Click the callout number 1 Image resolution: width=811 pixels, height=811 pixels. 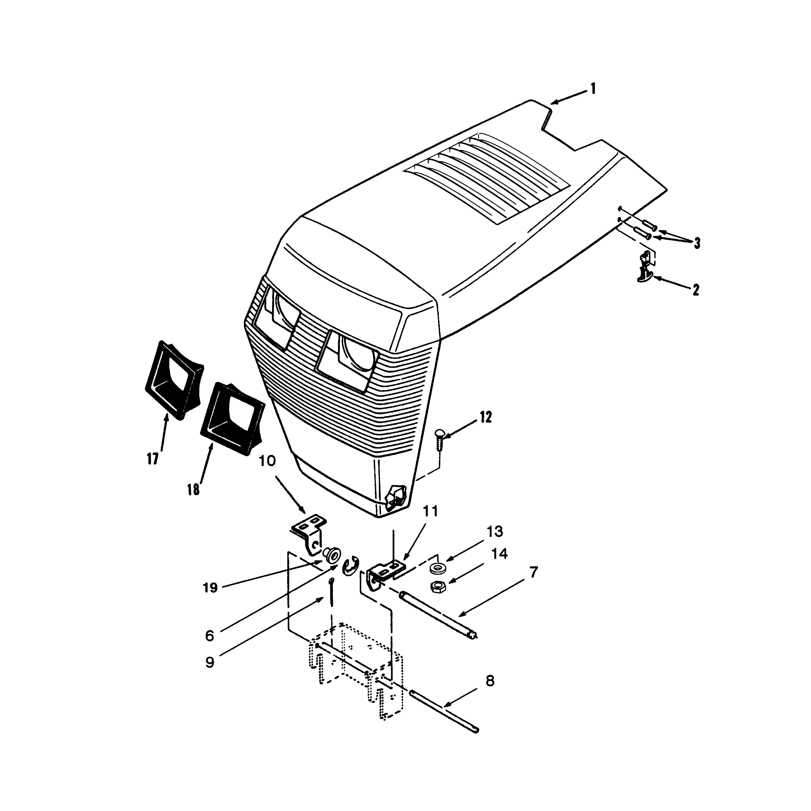click(593, 89)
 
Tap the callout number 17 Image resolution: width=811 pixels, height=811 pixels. click(153, 459)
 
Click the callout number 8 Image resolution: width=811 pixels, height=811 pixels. click(490, 681)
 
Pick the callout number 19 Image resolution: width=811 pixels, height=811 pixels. click(210, 588)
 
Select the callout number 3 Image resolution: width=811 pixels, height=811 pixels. click(697, 243)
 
